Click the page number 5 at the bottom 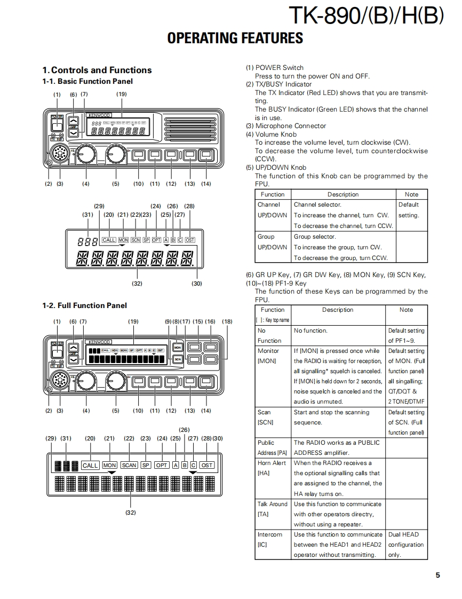point(437,575)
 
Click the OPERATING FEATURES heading point(235,38)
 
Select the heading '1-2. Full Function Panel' point(85,305)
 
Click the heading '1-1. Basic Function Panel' point(87,81)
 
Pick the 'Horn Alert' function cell point(272,463)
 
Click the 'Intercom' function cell point(270,534)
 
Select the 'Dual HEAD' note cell point(404,534)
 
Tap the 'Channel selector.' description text point(317,204)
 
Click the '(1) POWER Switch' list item point(275,67)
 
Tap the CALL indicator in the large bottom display point(90,465)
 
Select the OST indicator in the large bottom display point(206,465)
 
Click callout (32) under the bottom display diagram point(131,513)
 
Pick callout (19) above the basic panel point(122,94)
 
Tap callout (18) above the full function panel point(227,321)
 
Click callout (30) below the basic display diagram point(197,283)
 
